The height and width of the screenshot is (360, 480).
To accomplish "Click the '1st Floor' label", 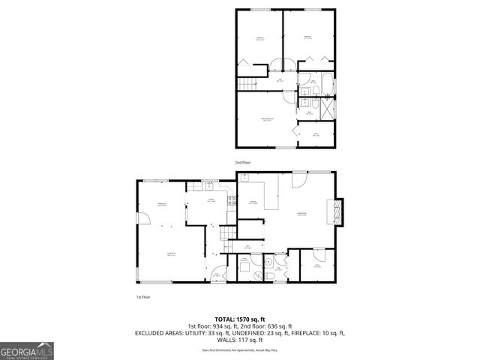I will (x=144, y=297).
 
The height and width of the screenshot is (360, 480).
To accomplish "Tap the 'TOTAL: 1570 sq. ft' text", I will (x=240, y=319).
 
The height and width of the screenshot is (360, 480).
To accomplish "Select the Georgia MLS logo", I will (x=27, y=350).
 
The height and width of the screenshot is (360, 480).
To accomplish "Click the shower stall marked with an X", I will (x=328, y=104).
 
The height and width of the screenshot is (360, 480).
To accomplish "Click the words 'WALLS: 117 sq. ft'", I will (x=240, y=340).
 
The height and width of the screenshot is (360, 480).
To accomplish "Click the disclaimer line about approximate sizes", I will (x=240, y=350).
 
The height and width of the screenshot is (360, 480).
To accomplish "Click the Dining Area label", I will (x=162, y=204).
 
